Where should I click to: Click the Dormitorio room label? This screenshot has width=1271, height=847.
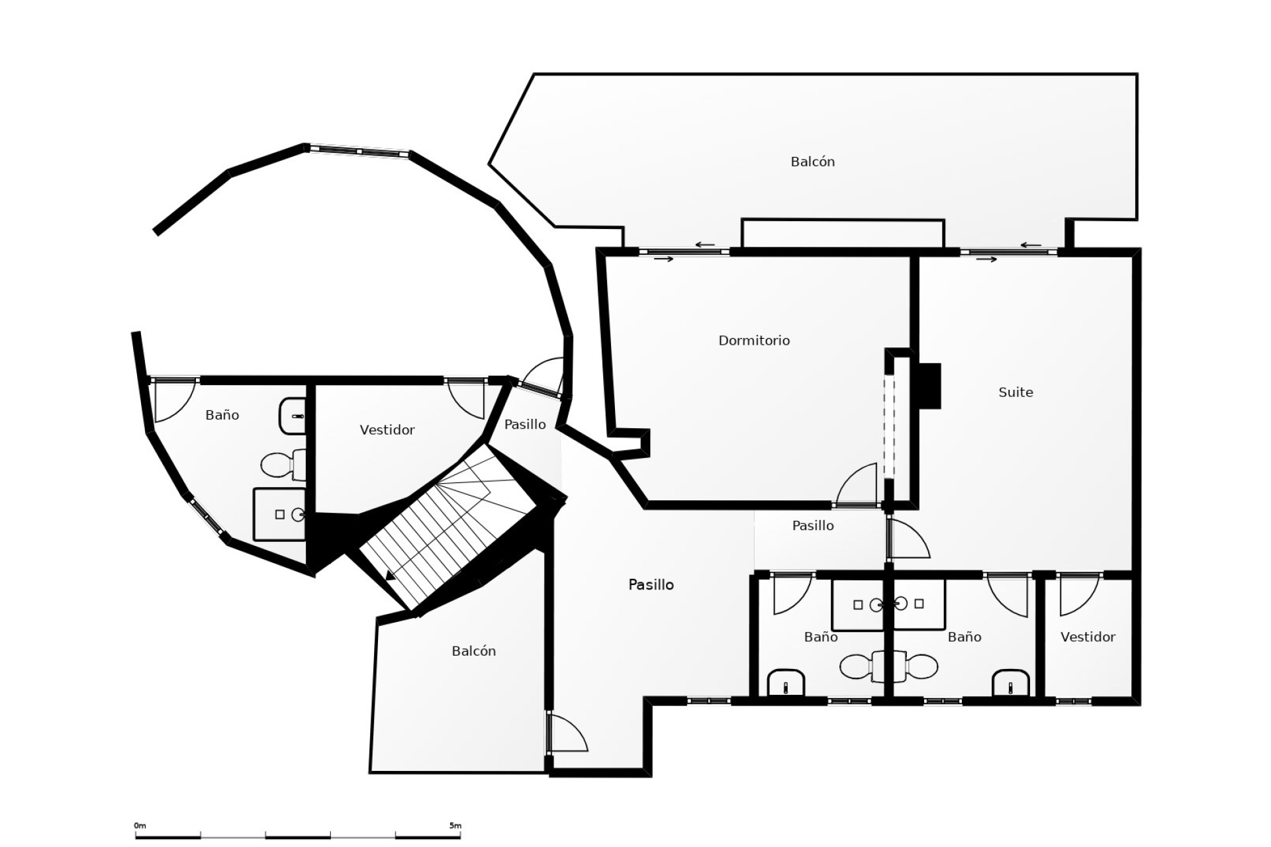[754, 340]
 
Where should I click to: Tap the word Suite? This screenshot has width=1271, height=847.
[1015, 392]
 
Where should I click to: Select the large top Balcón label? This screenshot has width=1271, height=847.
[812, 161]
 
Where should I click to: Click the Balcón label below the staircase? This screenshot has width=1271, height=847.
[473, 651]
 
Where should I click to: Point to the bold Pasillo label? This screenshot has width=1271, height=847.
[651, 584]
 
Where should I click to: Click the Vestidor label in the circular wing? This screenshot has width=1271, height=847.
[387, 429]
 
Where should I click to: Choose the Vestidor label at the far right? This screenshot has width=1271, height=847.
[1088, 637]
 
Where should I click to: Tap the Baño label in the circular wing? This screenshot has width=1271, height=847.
[222, 415]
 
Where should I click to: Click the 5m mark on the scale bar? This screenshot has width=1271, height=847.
[455, 826]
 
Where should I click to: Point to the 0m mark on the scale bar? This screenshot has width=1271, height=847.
[140, 826]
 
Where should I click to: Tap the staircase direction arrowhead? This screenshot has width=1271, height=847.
[391, 576]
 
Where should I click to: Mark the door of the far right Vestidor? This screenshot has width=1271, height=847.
[1078, 594]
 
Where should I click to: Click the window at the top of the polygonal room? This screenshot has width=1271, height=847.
[358, 151]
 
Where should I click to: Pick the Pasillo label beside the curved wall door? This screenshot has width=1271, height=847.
[525, 424]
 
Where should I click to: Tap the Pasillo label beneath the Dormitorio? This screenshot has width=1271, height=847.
[813, 525]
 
